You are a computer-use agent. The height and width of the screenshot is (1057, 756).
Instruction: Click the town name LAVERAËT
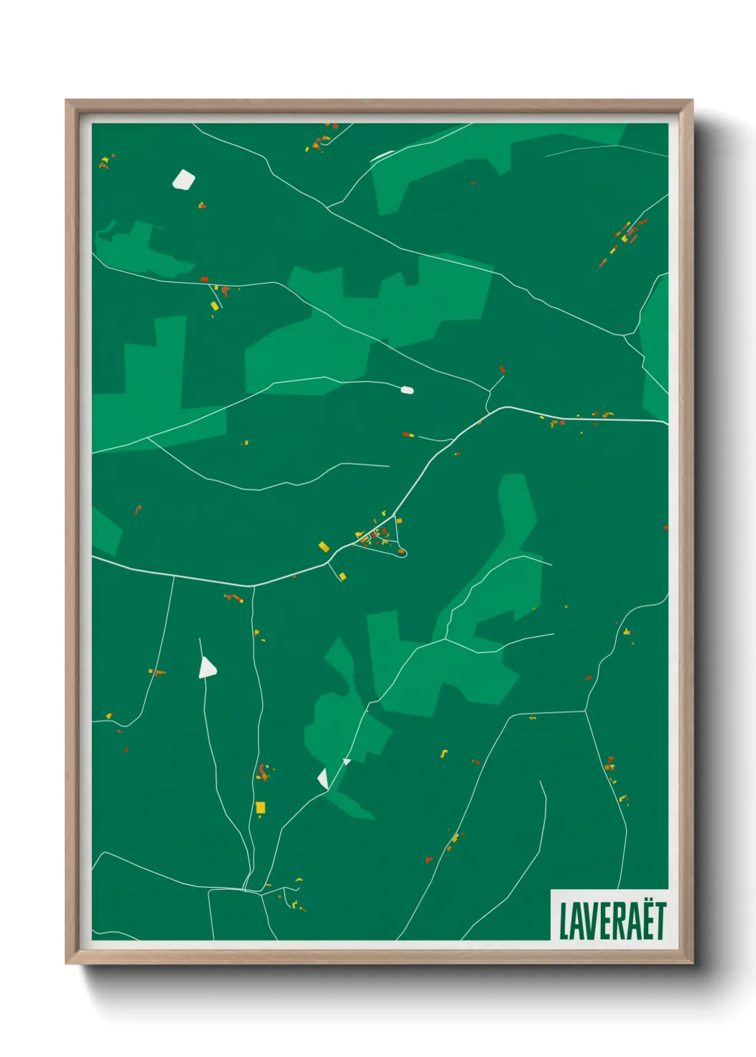pyautogui.click(x=612, y=921)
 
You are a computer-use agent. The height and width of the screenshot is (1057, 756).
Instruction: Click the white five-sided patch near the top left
pyautogui.click(x=184, y=179)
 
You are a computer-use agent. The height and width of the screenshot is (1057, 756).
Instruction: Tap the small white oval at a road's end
pyautogui.click(x=407, y=390)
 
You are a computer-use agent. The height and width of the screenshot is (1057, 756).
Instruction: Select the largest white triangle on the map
pyautogui.click(x=207, y=668)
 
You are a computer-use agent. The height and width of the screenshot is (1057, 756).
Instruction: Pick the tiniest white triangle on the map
pyautogui.click(x=347, y=761)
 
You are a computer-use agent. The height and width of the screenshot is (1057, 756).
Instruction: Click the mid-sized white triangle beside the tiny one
pyautogui.click(x=323, y=778)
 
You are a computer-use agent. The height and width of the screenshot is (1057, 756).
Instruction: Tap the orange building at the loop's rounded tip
pyautogui.click(x=401, y=550)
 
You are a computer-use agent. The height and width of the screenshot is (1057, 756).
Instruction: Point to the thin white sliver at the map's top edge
pyautogui.click(x=381, y=155)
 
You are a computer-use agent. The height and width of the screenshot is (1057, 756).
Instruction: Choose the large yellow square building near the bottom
pyautogui.click(x=260, y=807)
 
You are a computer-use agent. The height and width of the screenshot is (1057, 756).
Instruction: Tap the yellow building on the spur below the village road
pyautogui.click(x=342, y=576)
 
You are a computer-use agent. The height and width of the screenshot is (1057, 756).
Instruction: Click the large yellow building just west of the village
pyautogui.click(x=324, y=546)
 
